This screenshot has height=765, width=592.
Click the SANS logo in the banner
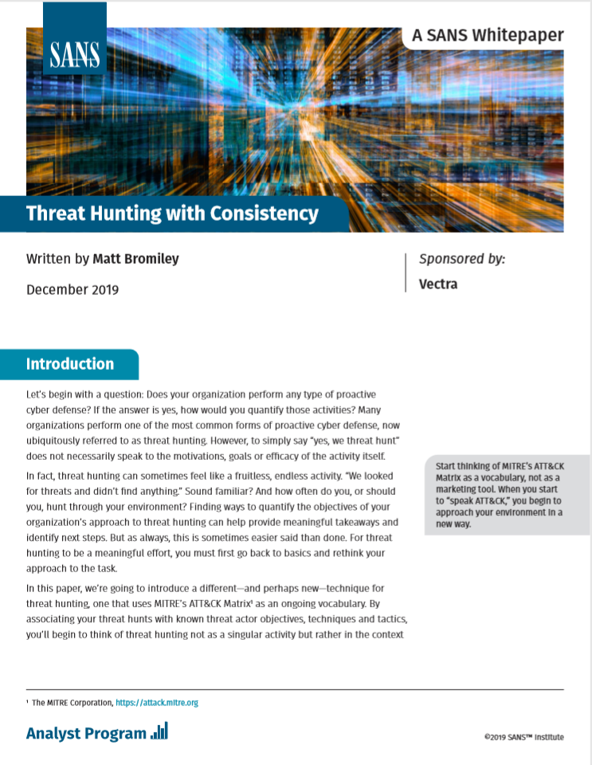(x=75, y=53)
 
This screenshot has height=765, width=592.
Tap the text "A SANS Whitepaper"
(x=488, y=35)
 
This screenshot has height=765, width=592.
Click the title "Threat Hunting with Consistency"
(x=172, y=214)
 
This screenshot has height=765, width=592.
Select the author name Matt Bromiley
(x=137, y=258)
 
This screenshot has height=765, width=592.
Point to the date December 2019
(x=73, y=289)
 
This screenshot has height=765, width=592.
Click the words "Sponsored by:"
(x=462, y=259)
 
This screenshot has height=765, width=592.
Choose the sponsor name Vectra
(x=438, y=284)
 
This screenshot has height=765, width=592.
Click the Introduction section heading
(x=70, y=364)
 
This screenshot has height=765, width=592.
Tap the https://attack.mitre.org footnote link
(x=157, y=703)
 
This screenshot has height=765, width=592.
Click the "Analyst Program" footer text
(x=86, y=733)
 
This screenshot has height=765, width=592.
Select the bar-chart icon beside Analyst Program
(x=159, y=732)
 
